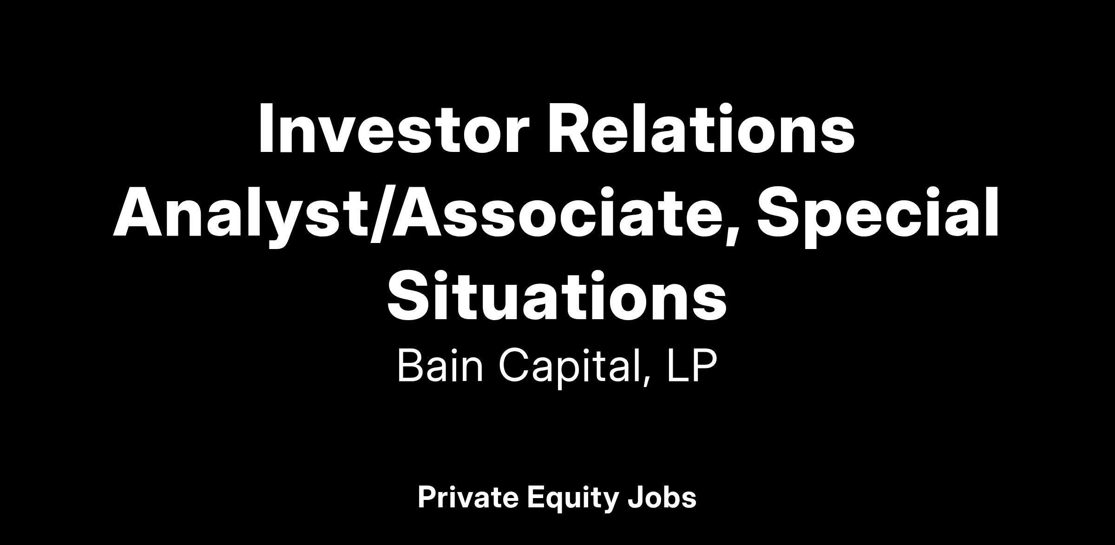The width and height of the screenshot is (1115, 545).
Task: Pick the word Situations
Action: click(557, 296)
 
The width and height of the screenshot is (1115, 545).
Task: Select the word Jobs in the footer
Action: click(662, 498)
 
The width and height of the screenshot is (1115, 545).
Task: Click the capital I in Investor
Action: click(265, 128)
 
